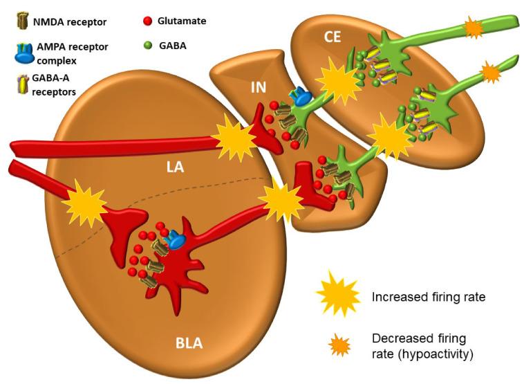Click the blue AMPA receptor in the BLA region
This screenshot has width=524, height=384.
click(177, 239)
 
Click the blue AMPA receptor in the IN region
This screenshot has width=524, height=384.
click(301, 98)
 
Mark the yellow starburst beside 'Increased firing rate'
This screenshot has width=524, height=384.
click(338, 297)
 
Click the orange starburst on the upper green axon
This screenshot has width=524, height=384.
click(474, 28)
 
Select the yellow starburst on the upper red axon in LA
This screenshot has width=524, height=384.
click(234, 140)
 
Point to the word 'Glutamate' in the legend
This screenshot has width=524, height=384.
click(183, 21)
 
